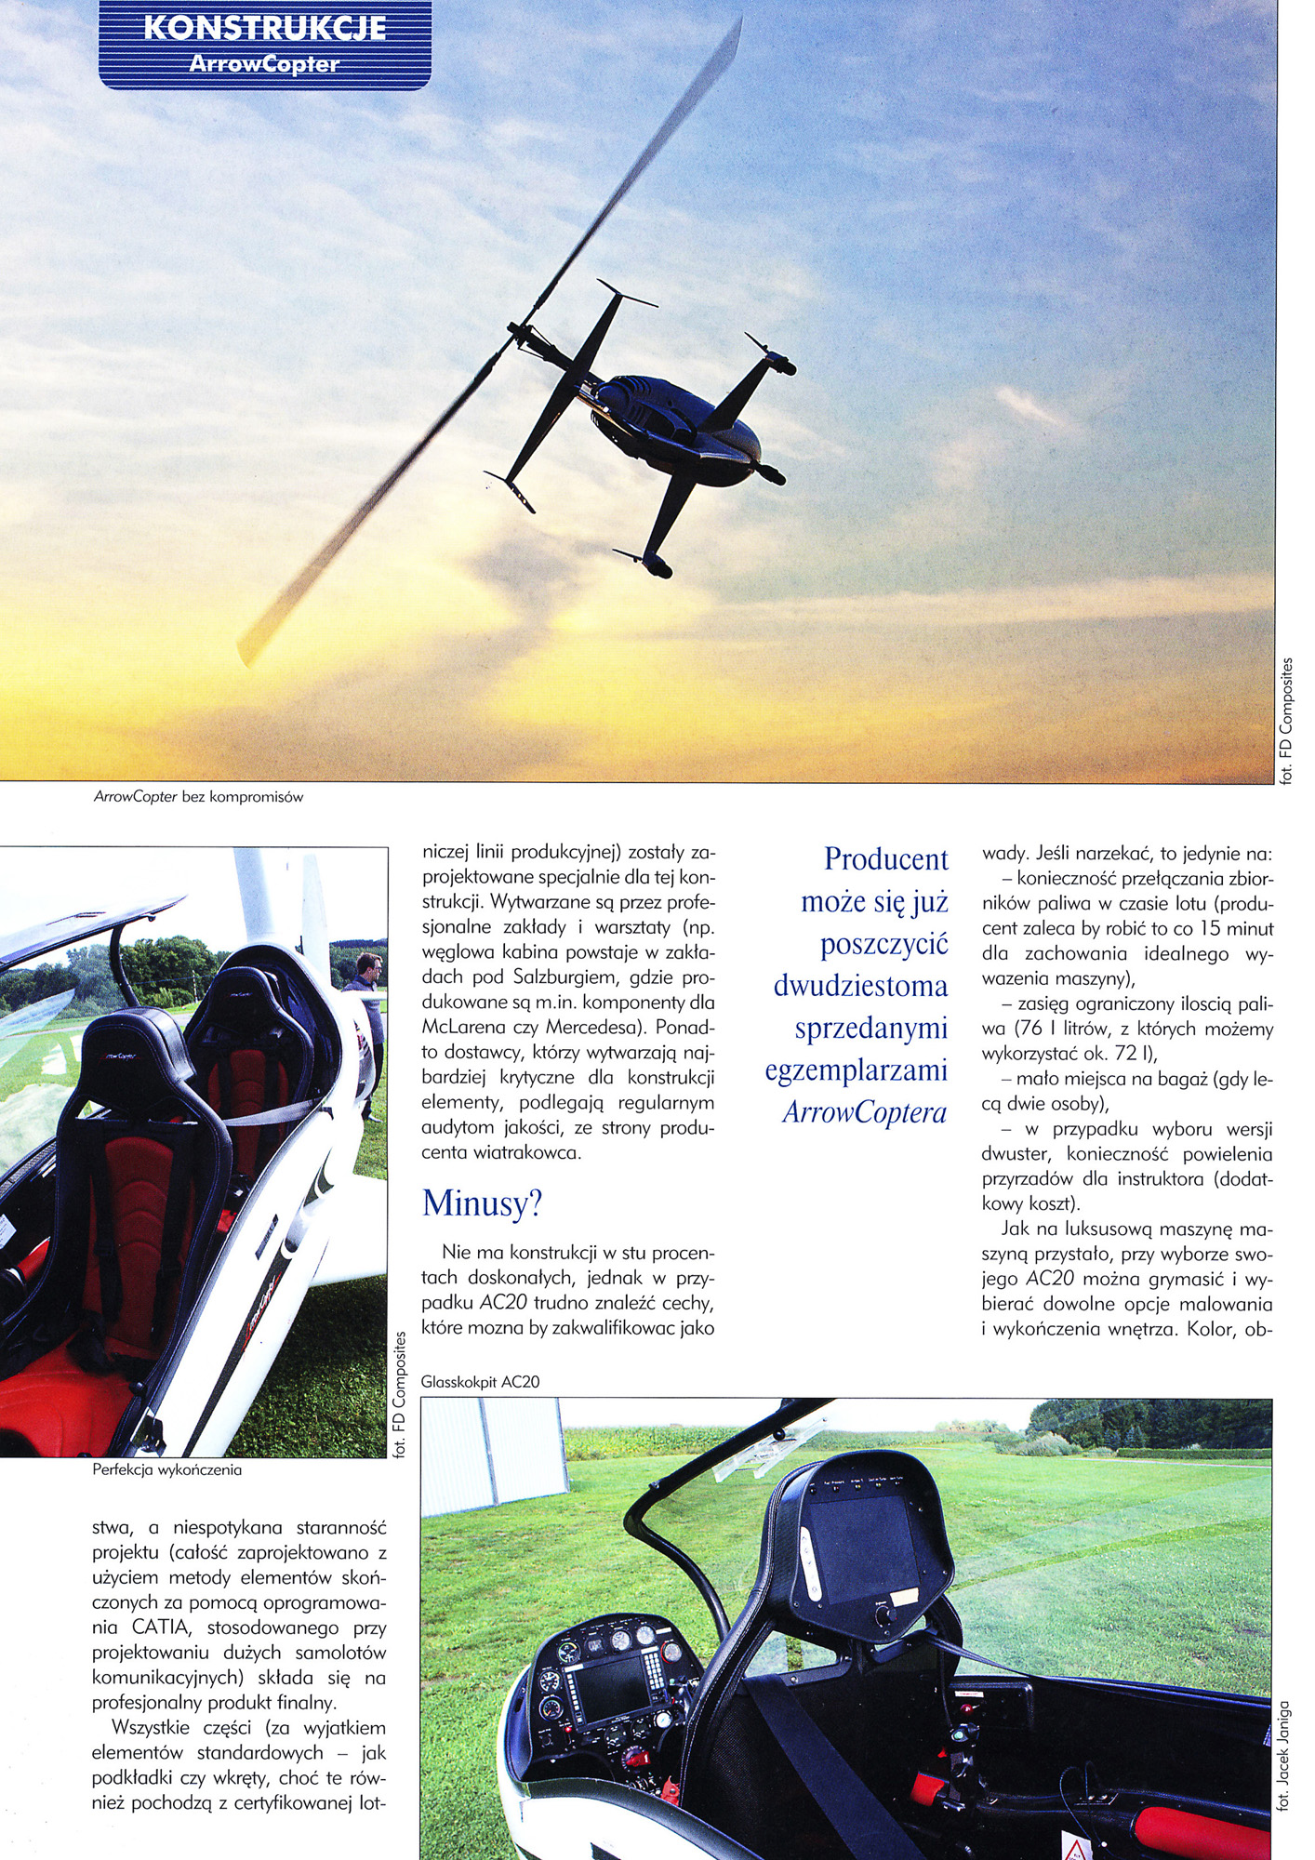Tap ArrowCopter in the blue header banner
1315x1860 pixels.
click(264, 64)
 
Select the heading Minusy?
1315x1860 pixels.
click(482, 1203)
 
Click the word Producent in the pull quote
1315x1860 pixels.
click(885, 858)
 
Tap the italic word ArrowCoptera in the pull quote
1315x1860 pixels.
click(864, 1112)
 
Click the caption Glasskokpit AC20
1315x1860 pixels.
click(480, 1382)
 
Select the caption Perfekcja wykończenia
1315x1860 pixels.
click(167, 1470)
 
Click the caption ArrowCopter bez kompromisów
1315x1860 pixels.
click(198, 797)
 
